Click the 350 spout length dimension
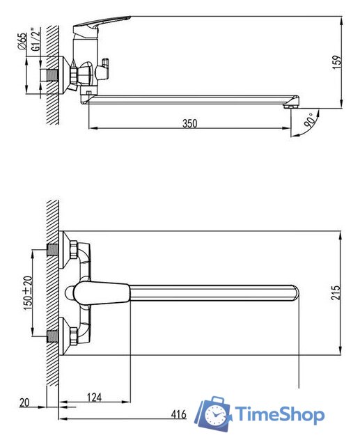pos(189,123)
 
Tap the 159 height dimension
pos(337,62)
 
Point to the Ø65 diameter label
pos(22,41)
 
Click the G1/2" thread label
pos(36,39)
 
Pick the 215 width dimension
pos(336,292)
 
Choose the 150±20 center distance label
pos(28,293)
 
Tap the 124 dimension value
pos(94,398)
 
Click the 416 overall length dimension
pos(179,414)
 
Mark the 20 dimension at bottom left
pos(24,402)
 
